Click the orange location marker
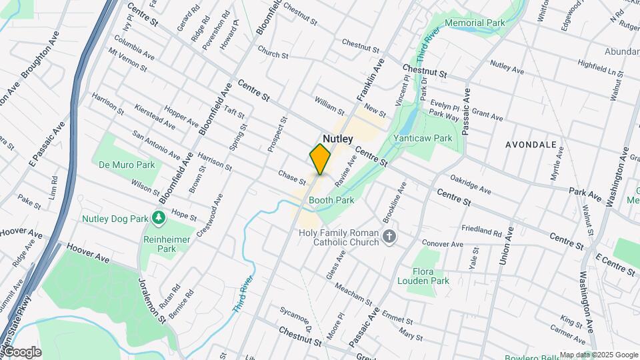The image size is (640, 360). (320, 159)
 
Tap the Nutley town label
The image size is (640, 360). (338, 138)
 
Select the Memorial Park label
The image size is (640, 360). (475, 23)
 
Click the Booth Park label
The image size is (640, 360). (331, 199)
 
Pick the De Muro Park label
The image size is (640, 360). (127, 164)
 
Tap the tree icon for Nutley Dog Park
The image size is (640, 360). (159, 218)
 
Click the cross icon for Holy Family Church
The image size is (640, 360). (390, 236)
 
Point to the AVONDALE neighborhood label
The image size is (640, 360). (531, 144)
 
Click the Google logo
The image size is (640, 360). (21, 352)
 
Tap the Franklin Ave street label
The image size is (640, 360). (371, 79)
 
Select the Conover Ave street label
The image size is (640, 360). (441, 243)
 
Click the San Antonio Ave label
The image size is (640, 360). (156, 145)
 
